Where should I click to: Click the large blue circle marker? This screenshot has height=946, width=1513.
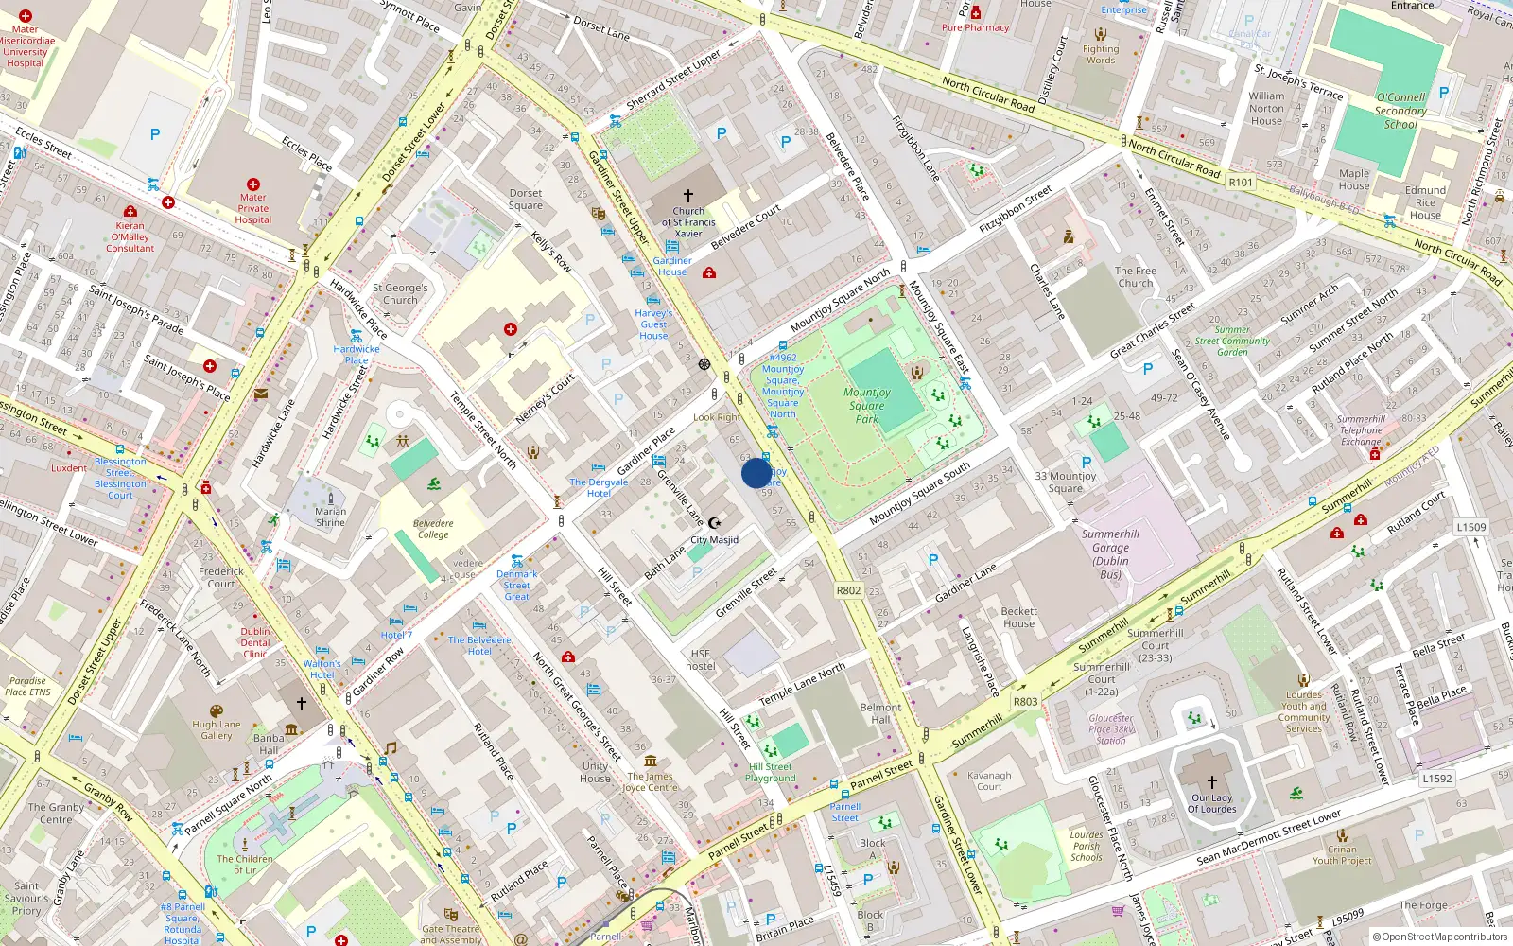coord(756,473)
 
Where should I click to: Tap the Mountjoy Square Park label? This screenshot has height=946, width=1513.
coord(867,405)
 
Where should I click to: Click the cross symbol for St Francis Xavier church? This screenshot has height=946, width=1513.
coord(688,196)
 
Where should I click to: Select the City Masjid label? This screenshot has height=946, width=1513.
coord(715,540)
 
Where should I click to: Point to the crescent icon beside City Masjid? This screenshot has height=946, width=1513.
coord(715,523)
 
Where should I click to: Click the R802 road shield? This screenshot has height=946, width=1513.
coord(848,590)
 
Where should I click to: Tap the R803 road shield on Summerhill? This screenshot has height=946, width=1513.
coord(1025,702)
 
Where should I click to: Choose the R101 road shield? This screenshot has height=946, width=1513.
coord(1241,183)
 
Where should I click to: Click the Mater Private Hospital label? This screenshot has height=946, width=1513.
coord(252,209)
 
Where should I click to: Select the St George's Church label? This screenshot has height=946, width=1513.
coord(400,293)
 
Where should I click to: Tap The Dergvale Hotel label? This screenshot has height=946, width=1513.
coord(599,487)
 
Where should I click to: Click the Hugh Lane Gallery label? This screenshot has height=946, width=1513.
coord(217,729)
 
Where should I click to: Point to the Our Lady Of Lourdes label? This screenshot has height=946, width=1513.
coord(1211,803)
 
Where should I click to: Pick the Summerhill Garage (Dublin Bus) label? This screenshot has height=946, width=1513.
coord(1110,553)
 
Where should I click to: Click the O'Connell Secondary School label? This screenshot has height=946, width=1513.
coord(1400,111)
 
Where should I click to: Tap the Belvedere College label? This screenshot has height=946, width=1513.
coord(433,529)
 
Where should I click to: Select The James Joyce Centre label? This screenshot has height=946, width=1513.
coord(651,781)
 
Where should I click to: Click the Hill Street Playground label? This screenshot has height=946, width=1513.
coord(771,773)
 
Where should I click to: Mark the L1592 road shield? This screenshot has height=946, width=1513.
coord(1436,779)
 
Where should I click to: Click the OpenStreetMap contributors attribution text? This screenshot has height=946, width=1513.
coord(1439,937)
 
